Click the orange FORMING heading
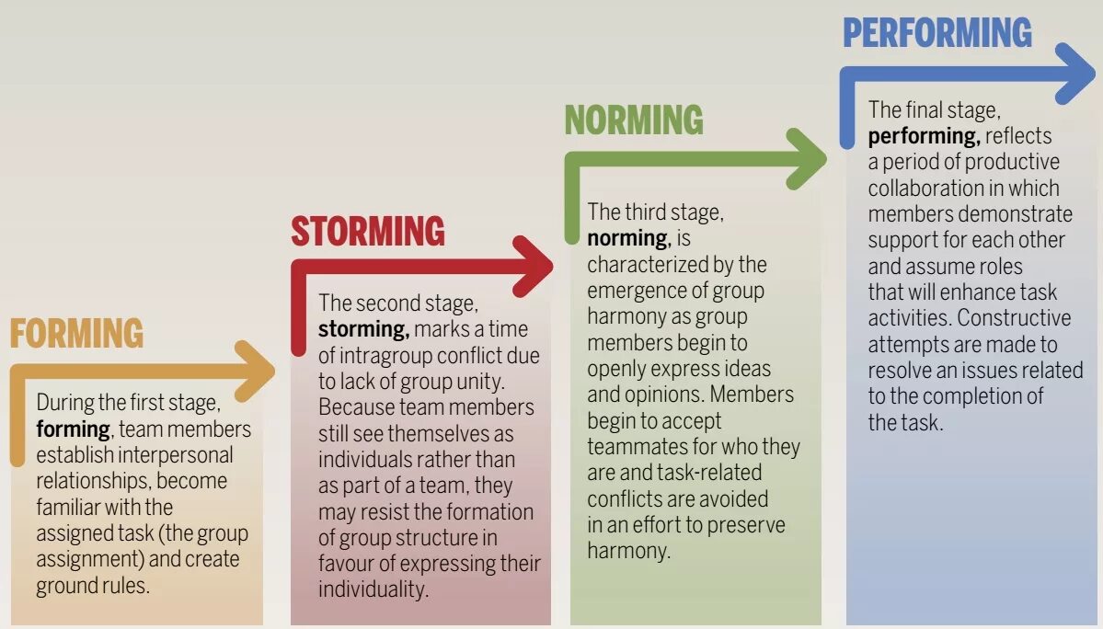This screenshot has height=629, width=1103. pos(76,333)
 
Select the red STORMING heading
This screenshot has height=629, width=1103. pos(368,232)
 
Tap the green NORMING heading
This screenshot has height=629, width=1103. pos(634,120)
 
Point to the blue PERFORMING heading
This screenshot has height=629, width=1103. pos(937,34)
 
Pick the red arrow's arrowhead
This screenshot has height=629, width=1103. pos(534,266)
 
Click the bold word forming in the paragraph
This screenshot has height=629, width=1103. pos(72,429)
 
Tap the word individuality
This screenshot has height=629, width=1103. pos(373,589)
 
